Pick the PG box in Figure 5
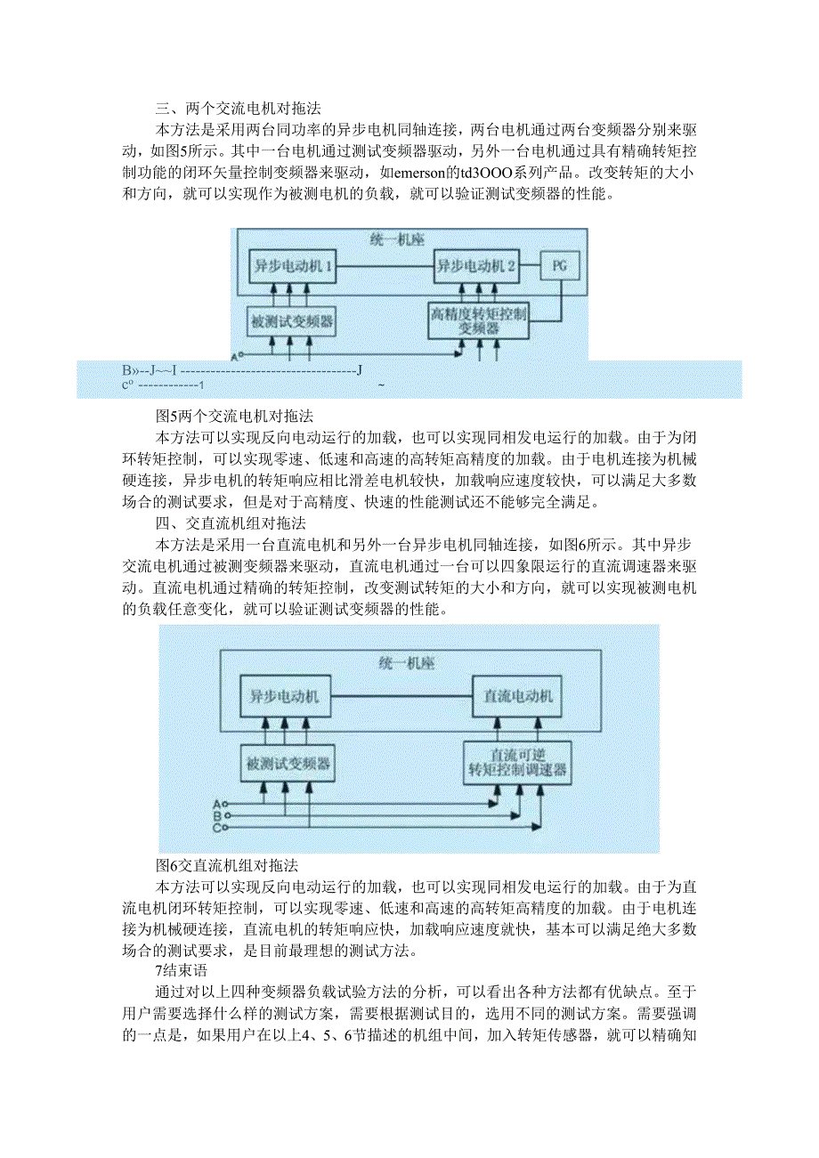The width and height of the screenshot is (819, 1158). [x=559, y=265]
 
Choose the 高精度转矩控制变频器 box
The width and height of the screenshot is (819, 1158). [x=479, y=320]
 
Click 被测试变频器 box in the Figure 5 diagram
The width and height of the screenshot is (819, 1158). [x=293, y=320]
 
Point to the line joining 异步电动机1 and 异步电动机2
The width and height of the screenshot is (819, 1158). [x=384, y=265]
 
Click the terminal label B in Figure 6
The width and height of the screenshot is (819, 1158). [x=216, y=815]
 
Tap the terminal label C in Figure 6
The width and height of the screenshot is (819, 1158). [x=216, y=828]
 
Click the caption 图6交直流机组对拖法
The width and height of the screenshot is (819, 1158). [x=226, y=865]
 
